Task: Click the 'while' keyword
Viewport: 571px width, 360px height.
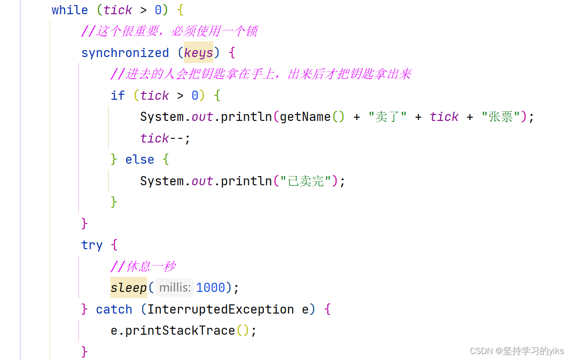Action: [69, 10]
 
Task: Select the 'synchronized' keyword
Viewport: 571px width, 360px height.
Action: [125, 53]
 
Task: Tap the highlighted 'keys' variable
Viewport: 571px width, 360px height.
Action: [199, 53]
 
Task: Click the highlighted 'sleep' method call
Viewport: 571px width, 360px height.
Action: [129, 288]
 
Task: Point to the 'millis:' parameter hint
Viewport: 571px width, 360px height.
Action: [175, 288]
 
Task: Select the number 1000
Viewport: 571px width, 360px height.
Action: [211, 288]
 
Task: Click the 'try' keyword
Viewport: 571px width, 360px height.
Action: [92, 245]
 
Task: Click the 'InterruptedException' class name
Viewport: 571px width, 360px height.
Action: [221, 309]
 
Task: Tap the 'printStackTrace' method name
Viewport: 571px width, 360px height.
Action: [180, 331]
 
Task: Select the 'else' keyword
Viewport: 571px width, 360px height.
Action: [140, 160]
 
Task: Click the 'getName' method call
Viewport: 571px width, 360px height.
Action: [305, 117]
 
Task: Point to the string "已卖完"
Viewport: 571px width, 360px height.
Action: [306, 181]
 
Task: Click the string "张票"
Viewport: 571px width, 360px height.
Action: [501, 117]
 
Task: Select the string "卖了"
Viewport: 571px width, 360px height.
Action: [388, 117]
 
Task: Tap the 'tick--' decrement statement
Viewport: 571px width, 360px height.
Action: [165, 138]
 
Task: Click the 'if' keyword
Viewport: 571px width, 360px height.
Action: [118, 96]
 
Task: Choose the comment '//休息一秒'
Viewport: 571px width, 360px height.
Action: [143, 267]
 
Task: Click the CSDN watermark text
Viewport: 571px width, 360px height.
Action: [517, 351]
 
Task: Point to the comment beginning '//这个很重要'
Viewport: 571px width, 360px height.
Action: [169, 31]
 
